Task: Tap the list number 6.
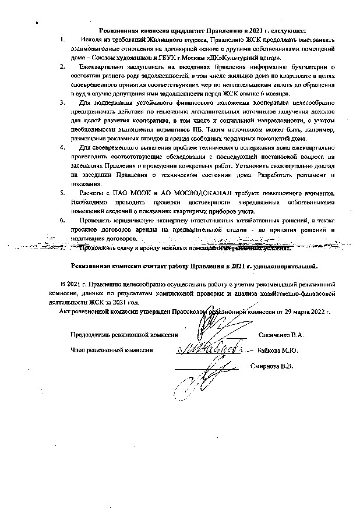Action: pos(63,222)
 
